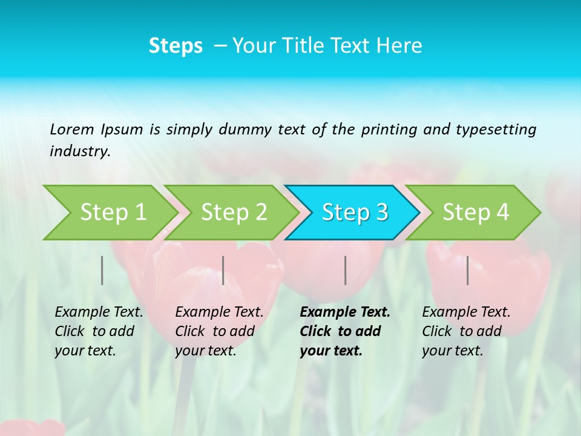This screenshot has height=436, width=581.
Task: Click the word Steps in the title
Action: (x=176, y=46)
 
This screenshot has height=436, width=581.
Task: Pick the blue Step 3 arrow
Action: (x=355, y=213)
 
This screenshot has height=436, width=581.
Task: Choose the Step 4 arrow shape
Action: (x=476, y=213)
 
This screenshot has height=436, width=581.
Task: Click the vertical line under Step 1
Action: (x=102, y=270)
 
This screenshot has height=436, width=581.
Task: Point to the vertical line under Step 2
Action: (x=223, y=270)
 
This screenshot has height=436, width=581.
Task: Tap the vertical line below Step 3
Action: (x=345, y=270)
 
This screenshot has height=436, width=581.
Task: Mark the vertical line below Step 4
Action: (x=468, y=270)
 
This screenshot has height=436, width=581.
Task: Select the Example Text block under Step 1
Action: (x=98, y=331)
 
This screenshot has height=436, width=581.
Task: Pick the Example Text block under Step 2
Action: (x=218, y=331)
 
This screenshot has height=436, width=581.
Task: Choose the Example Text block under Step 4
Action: (x=465, y=331)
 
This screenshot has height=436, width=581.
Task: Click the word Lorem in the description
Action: (x=72, y=129)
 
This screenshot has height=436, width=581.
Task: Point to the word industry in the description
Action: (x=79, y=151)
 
